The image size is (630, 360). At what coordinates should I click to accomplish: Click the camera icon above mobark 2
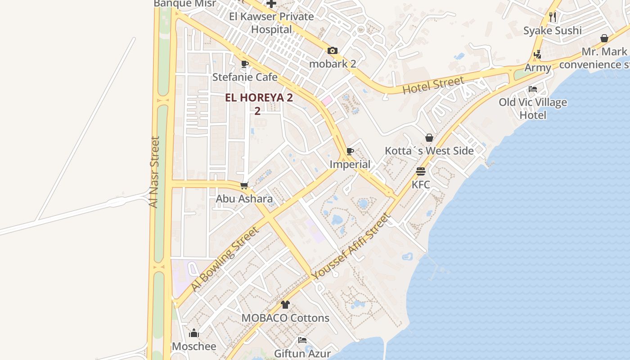[333, 51]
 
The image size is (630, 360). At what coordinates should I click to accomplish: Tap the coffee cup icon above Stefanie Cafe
[245, 64]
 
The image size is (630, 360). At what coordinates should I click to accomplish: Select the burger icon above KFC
[421, 171]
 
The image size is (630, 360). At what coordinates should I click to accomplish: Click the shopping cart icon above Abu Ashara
[244, 185]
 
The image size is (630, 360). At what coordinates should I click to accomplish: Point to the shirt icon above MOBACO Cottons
[285, 305]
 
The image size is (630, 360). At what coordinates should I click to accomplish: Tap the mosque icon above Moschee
[194, 333]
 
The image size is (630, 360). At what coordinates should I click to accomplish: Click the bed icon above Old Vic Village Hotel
[533, 89]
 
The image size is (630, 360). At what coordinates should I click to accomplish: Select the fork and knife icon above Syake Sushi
[553, 17]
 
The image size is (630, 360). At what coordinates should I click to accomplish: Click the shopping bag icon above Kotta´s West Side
[429, 138]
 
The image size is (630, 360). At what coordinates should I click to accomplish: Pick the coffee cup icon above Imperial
[350, 151]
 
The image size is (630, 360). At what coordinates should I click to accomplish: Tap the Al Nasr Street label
[154, 172]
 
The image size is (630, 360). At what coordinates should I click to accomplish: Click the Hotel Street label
[433, 85]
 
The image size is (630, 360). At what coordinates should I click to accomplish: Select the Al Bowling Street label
[225, 259]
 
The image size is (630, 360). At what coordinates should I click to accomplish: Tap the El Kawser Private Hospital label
[271, 23]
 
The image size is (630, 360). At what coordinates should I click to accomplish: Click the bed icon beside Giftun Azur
[302, 340]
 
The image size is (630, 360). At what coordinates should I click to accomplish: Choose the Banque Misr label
[185, 4]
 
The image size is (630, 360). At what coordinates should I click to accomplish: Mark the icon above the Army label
[537, 55]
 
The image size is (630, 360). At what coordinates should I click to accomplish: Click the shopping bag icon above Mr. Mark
[604, 39]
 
